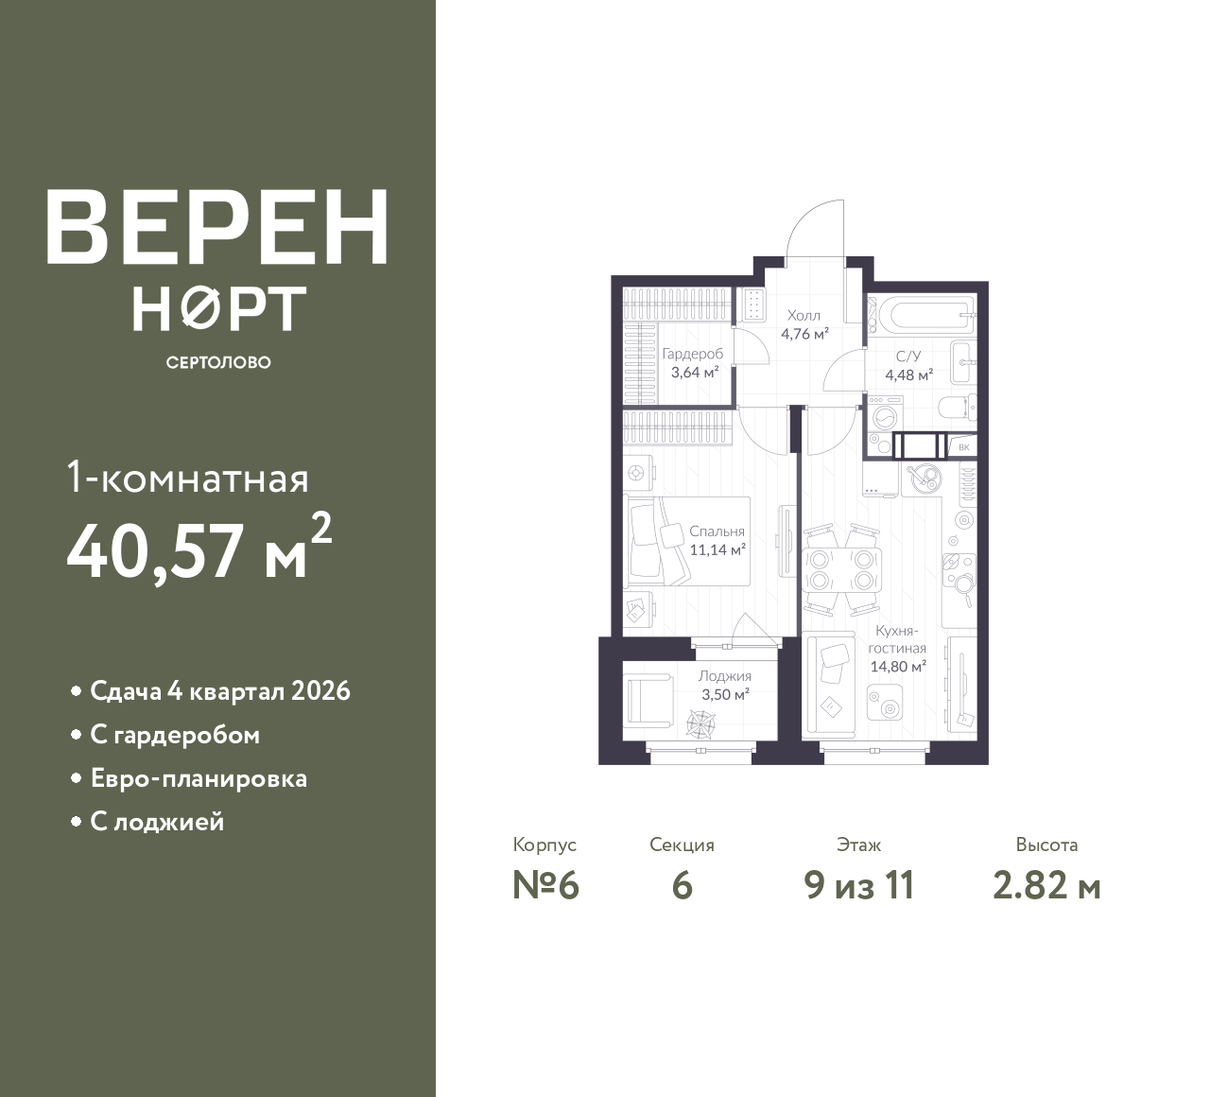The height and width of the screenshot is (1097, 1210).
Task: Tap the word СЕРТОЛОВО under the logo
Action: (218, 362)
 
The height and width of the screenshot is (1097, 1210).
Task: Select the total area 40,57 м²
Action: (199, 548)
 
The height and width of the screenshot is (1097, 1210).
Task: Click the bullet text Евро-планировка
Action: (199, 778)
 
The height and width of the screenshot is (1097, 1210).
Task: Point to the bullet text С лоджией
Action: (157, 822)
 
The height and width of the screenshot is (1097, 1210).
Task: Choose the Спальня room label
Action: (717, 531)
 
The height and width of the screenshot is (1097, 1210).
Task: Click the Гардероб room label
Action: (693, 355)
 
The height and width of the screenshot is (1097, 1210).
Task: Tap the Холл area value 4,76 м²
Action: (804, 334)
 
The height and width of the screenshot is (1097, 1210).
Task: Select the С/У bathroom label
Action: (908, 357)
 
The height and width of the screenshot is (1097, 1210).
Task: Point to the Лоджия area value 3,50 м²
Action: (725, 694)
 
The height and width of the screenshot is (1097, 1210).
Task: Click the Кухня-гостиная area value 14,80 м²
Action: (898, 667)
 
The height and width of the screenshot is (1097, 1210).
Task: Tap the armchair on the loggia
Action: (650, 701)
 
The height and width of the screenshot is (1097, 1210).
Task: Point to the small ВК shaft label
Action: (964, 447)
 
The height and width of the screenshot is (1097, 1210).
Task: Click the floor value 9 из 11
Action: (859, 886)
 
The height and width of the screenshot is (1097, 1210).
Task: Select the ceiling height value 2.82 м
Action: (1046, 886)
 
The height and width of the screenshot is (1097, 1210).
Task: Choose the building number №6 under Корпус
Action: (545, 886)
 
